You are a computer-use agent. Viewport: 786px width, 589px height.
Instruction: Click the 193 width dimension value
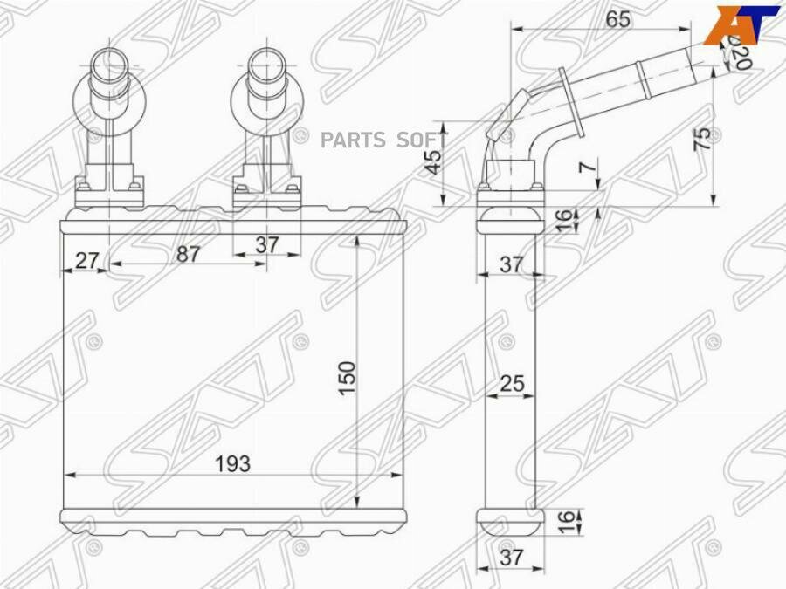(x=231, y=464)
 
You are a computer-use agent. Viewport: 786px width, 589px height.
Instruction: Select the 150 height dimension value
(x=347, y=377)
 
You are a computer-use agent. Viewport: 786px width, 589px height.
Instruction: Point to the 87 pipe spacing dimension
(x=188, y=254)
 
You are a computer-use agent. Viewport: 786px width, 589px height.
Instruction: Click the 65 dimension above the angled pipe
(x=617, y=18)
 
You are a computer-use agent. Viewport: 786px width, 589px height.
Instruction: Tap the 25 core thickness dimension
(x=512, y=382)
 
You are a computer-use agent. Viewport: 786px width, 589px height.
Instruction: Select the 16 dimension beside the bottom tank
(x=565, y=522)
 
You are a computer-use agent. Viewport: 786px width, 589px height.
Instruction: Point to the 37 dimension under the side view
(x=512, y=558)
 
